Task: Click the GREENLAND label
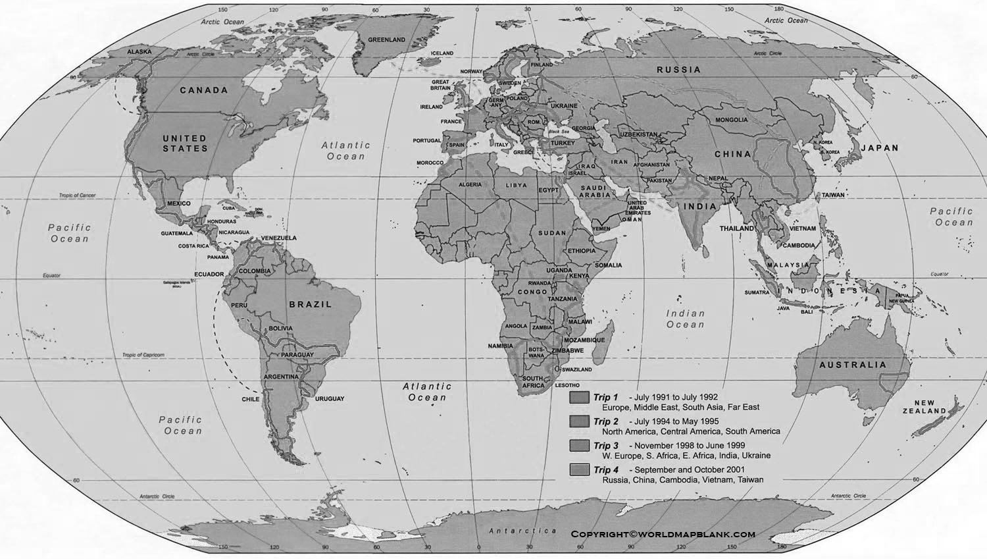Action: [386, 40]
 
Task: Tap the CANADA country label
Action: [204, 90]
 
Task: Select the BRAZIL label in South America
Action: [311, 305]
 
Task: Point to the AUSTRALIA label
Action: [852, 365]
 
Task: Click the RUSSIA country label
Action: [678, 70]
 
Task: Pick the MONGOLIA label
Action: [732, 120]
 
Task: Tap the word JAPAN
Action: [880, 148]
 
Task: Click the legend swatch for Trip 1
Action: [579, 398]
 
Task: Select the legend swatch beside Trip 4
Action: [579, 470]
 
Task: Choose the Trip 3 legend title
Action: [606, 446]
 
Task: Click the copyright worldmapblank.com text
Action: [663, 534]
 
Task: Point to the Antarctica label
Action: [522, 531]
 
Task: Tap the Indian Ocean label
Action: [685, 319]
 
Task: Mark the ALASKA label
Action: [139, 51]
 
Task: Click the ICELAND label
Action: [442, 53]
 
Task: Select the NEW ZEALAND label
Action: [924, 407]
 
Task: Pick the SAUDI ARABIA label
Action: [594, 192]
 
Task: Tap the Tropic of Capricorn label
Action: [143, 355]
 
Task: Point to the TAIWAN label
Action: [832, 195]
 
